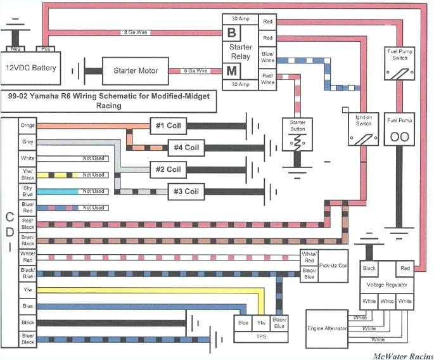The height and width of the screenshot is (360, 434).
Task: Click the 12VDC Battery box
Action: (x=31, y=68)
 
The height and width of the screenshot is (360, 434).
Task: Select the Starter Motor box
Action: (x=136, y=70)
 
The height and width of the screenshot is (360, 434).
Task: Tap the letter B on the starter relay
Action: (x=231, y=31)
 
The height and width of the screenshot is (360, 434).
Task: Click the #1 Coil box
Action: (x=167, y=125)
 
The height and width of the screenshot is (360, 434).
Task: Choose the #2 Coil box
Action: (x=167, y=169)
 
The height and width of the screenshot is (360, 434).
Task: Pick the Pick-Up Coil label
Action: (x=333, y=266)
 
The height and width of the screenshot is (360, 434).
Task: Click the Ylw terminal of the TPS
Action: (x=260, y=322)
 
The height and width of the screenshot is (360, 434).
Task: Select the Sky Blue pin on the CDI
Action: (x=27, y=191)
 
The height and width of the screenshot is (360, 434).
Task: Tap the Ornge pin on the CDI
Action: (x=27, y=125)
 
